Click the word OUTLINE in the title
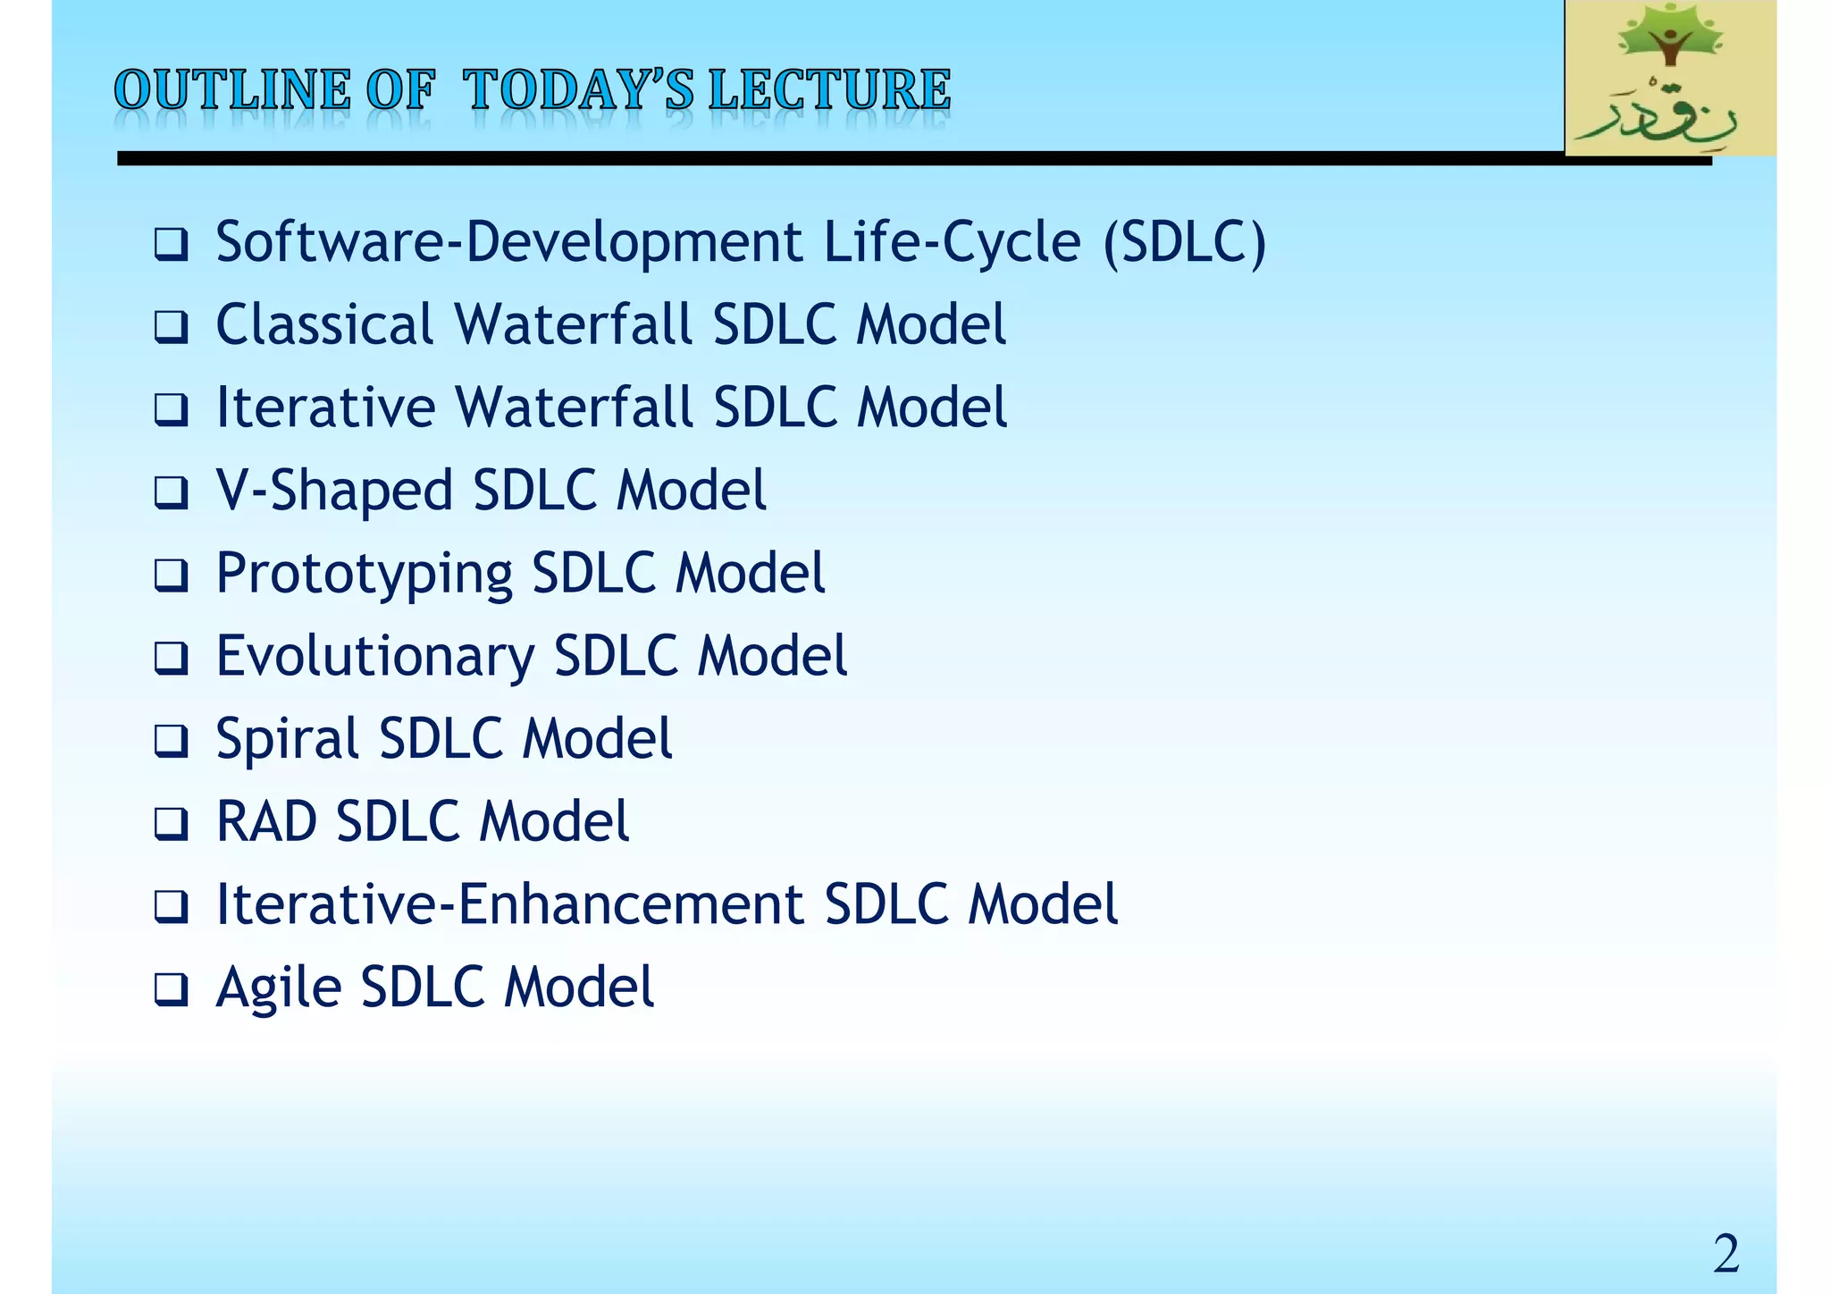[232, 90]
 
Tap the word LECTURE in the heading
[829, 90]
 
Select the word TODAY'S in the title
[578, 90]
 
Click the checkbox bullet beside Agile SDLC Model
[170, 989]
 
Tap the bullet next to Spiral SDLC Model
[170, 741]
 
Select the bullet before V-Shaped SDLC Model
[170, 492]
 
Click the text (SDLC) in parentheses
[1184, 243]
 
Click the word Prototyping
[364, 574]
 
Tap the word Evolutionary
[375, 656]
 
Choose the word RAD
[266, 821]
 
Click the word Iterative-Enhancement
[510, 904]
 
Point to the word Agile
[279, 988]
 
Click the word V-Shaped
[334, 491]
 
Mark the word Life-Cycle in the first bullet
[952, 243]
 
